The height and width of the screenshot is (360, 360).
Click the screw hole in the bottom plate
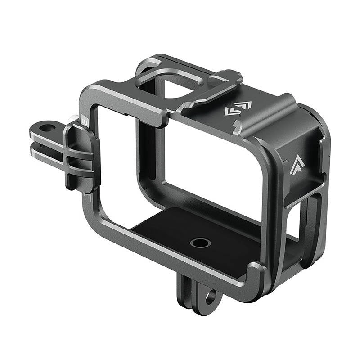click(x=200, y=243)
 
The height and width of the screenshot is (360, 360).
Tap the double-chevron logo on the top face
click(x=238, y=108)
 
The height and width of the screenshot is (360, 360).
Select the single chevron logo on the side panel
click(x=296, y=165)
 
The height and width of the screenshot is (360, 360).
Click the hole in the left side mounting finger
click(x=45, y=129)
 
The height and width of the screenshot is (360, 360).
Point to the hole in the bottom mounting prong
click(x=210, y=297)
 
